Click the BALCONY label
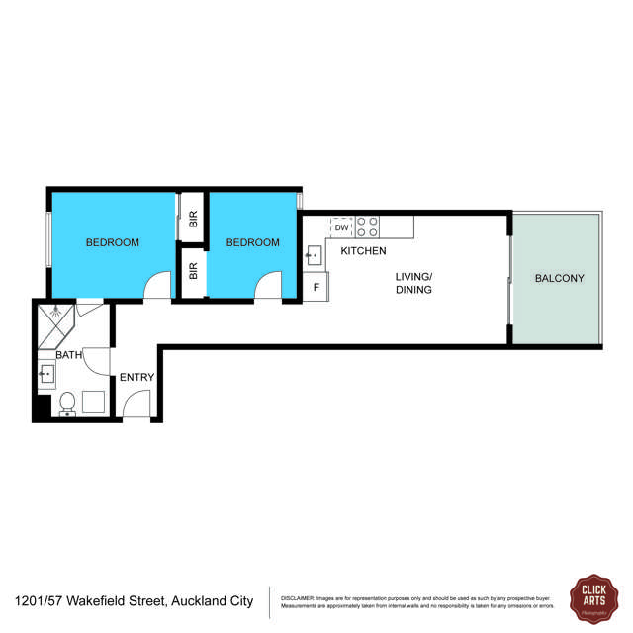tap(560, 278)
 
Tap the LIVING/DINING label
tap(415, 283)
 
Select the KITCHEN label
tap(363, 251)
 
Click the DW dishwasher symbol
tap(341, 227)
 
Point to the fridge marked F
tap(316, 287)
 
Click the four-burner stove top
tap(368, 226)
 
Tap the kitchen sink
tap(314, 255)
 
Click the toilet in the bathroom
tap(68, 404)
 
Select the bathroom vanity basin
tap(47, 374)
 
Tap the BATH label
tap(68, 354)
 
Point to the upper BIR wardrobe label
tap(193, 219)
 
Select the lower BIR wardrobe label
tap(193, 269)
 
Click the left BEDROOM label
tap(112, 242)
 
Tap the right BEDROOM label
tap(252, 242)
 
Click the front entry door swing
tap(136, 405)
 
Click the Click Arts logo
tap(592, 597)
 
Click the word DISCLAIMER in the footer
tap(298, 597)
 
